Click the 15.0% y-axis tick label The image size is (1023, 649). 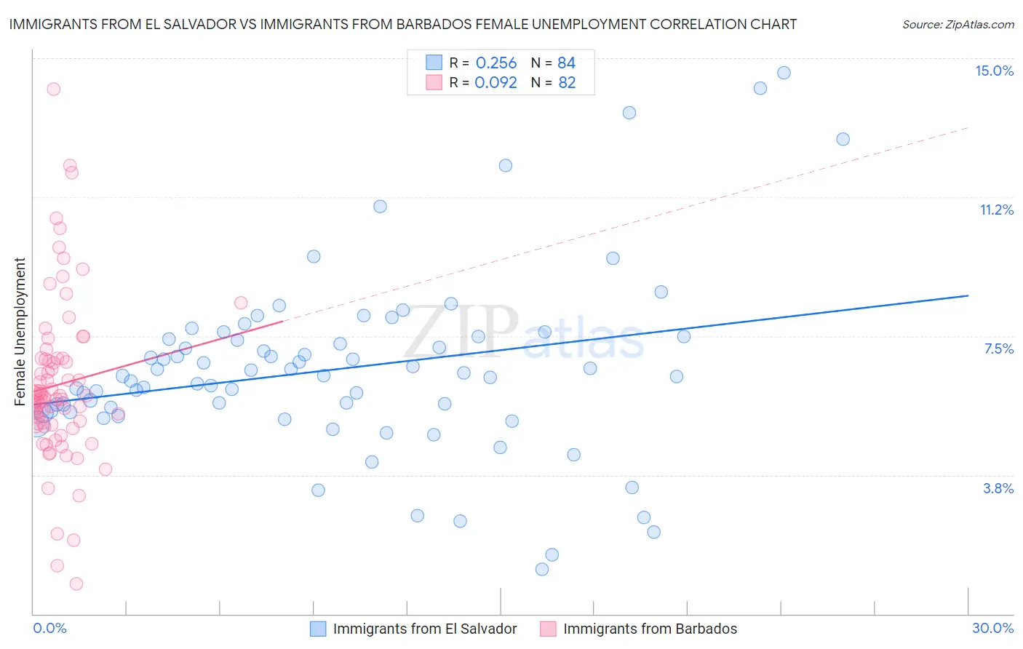coord(994,71)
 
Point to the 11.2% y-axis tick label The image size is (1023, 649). coord(996,210)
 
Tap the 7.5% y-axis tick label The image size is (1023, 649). coord(998,349)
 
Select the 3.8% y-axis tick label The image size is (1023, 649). coord(998,488)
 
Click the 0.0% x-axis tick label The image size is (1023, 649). coord(49,628)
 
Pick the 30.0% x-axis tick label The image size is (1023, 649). coord(992,628)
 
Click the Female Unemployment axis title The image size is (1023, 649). coord(20,332)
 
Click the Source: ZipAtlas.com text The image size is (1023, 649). coord(958,24)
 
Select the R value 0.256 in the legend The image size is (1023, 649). coord(495,63)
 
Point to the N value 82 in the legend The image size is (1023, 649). coord(567,82)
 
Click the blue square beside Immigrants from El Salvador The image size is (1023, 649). coord(318,629)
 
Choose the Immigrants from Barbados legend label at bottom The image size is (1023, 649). coord(650,629)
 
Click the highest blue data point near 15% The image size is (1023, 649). coord(784,73)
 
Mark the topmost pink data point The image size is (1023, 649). coord(53,89)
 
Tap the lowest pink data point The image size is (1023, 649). coord(76,584)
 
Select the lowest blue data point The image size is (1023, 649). coord(541,569)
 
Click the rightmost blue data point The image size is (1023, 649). coord(843,139)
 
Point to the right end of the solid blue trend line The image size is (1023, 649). coord(968,295)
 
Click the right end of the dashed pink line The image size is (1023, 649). coord(968,128)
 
